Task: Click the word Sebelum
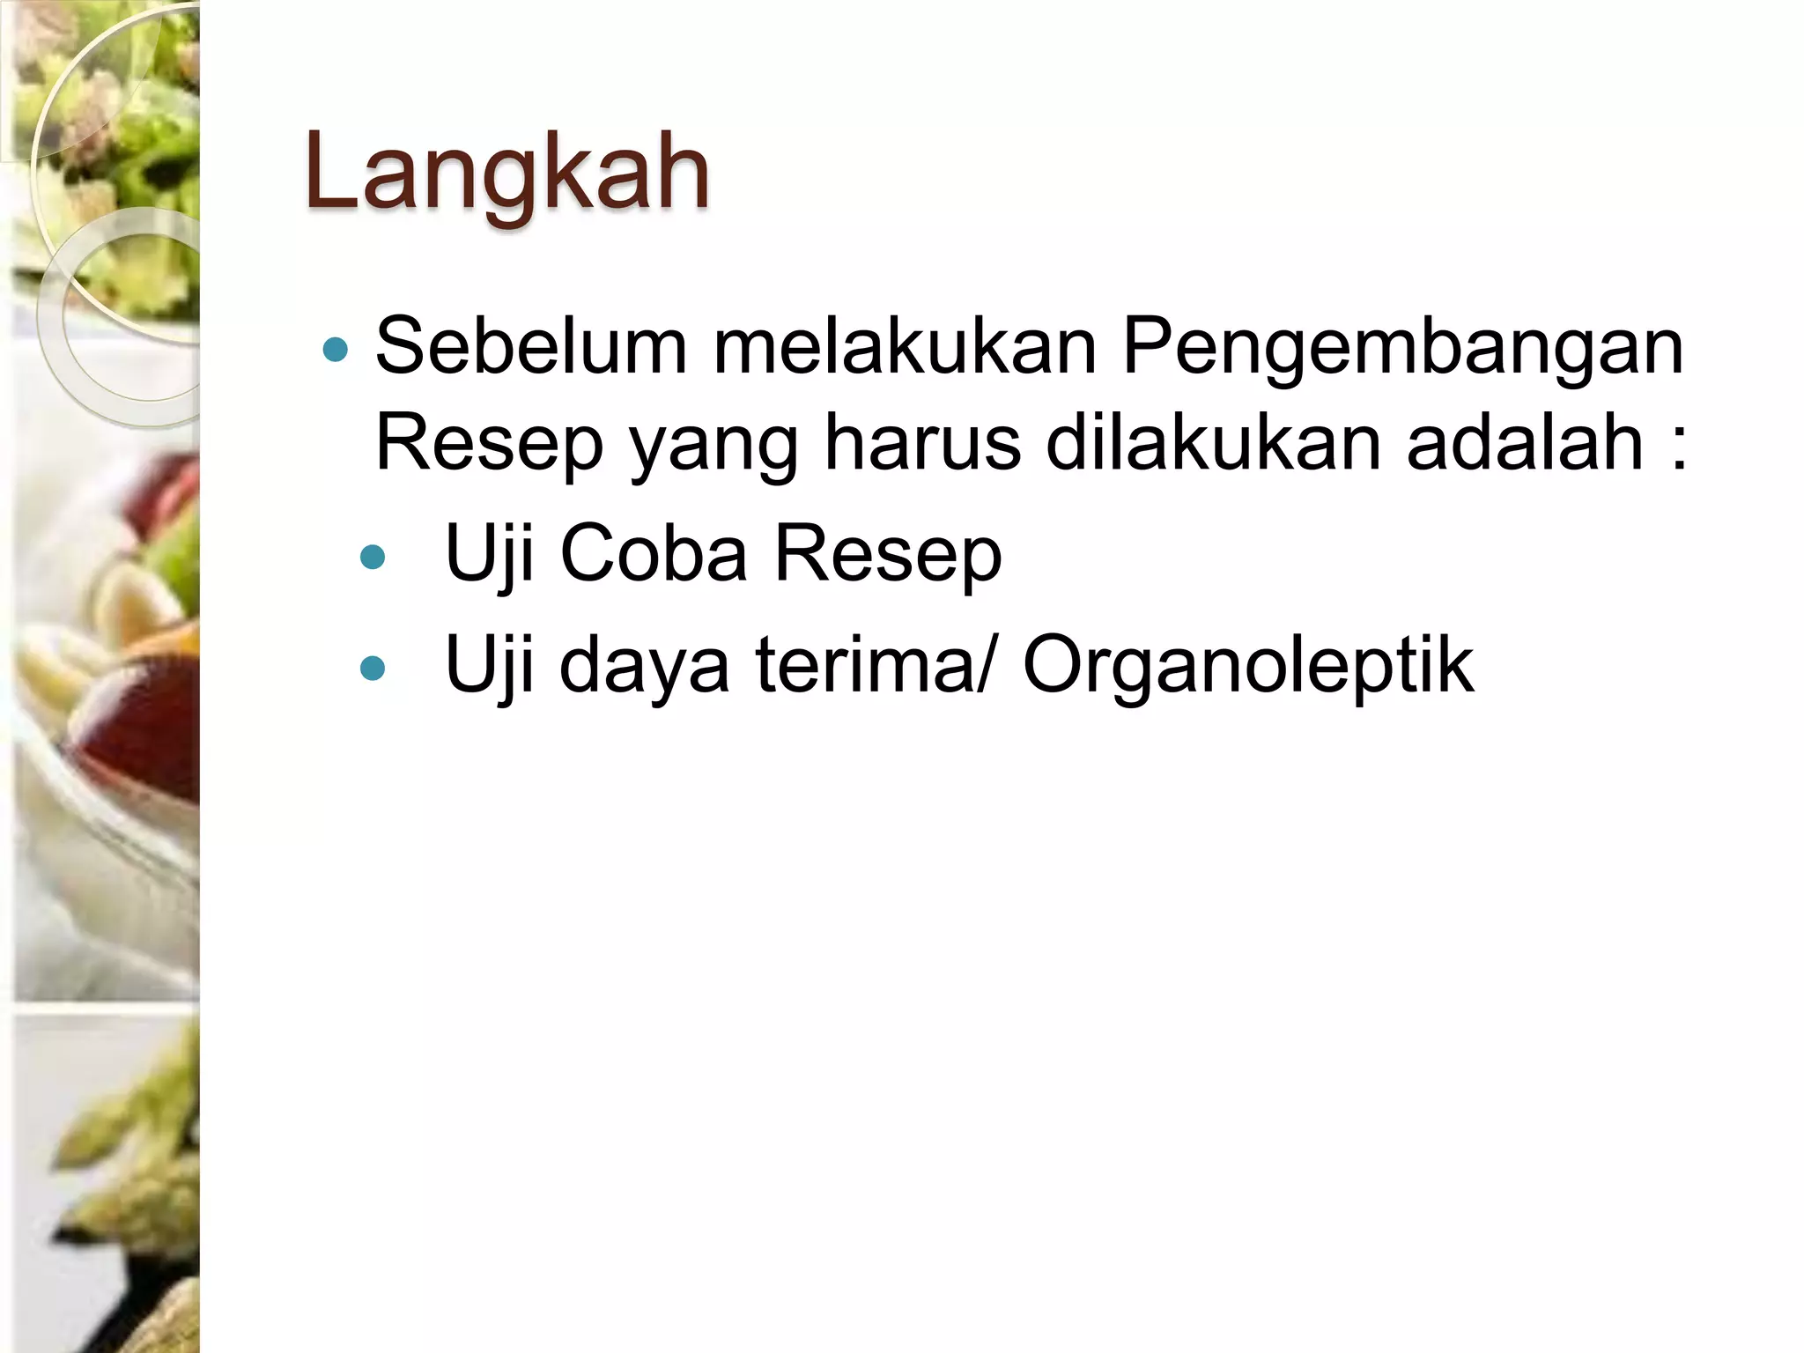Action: tap(531, 346)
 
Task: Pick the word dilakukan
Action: tap(1213, 442)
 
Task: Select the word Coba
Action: tap(654, 554)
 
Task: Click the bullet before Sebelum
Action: tap(336, 351)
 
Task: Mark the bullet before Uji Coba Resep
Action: tap(373, 557)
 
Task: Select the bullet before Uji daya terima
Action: tap(373, 668)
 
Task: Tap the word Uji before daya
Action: tap(490, 668)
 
